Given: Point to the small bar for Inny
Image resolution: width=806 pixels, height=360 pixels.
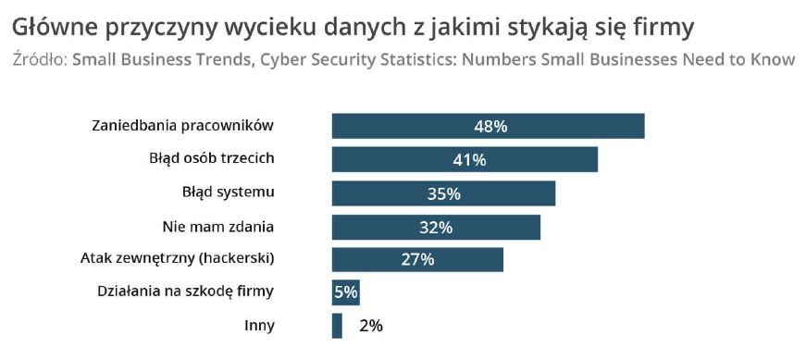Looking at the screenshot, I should (337, 326).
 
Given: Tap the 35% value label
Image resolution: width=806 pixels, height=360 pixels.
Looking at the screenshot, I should (443, 193).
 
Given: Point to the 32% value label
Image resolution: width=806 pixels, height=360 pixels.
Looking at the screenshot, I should (435, 227).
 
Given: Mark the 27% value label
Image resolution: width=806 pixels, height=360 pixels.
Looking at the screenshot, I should (417, 260).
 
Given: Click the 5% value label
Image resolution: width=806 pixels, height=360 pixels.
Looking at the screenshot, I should (345, 292).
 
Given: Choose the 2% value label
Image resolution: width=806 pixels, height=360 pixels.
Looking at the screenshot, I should (370, 326).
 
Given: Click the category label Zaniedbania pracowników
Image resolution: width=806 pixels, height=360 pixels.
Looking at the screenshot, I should (183, 126).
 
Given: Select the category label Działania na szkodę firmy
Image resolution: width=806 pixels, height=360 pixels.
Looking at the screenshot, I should (186, 292).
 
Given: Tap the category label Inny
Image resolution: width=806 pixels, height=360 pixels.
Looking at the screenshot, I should (259, 325).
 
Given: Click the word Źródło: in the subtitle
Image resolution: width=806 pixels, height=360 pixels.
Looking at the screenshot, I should (40, 60).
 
